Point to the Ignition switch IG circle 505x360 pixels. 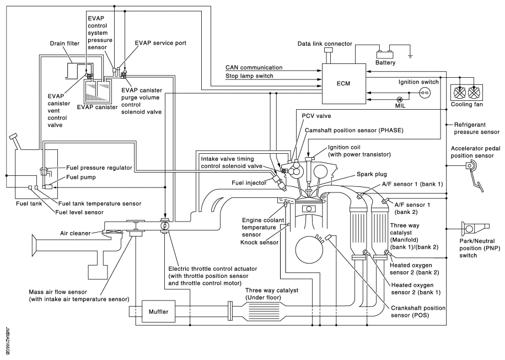(x=425, y=93)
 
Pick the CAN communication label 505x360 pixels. (x=252, y=67)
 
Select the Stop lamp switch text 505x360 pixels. (x=248, y=76)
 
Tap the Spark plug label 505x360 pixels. (x=356, y=173)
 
